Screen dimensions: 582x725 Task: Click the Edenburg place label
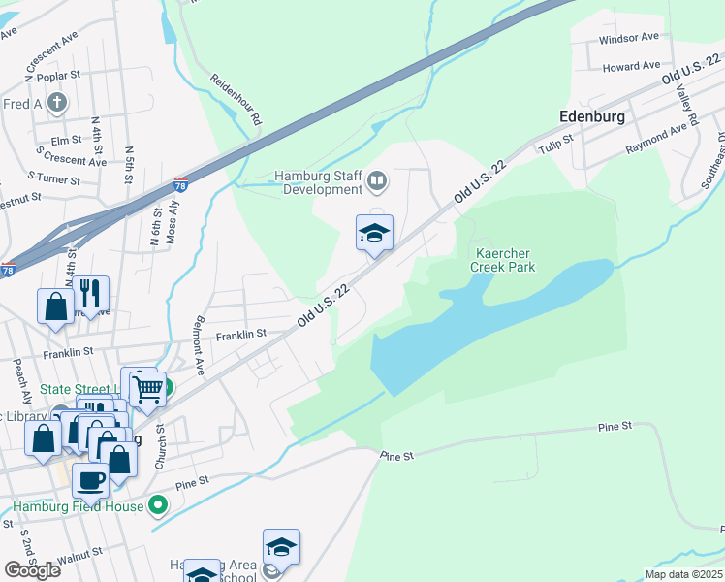[x=591, y=115]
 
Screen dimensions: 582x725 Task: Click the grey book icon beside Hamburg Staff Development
[x=376, y=180]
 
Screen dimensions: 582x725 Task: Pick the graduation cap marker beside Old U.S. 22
[x=374, y=234]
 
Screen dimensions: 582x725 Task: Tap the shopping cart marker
[x=147, y=390]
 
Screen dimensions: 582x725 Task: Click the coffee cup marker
[x=91, y=479]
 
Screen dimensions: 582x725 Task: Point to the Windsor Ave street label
[x=628, y=37]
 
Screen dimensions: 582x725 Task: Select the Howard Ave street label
[x=631, y=67]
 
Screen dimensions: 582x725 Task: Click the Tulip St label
[x=556, y=145]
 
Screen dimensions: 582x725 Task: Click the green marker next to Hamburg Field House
[x=160, y=506]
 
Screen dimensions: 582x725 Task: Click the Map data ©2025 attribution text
[x=683, y=574]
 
